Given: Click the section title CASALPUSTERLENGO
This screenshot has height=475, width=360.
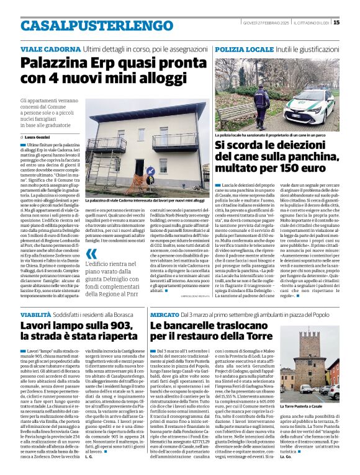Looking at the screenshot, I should (x=88, y=25).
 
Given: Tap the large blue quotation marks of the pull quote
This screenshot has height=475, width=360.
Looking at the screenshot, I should (x=92, y=254).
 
